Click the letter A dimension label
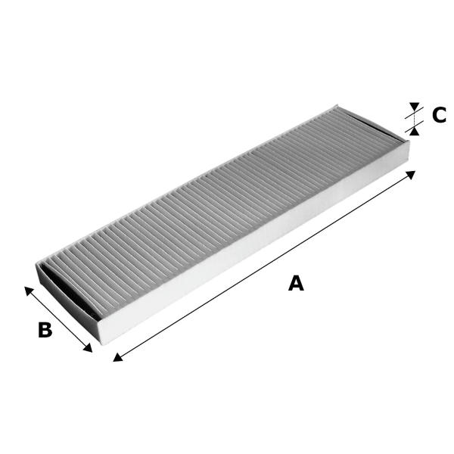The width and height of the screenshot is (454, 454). pyautogui.click(x=296, y=283)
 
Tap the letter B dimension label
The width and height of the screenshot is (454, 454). pyautogui.click(x=45, y=329)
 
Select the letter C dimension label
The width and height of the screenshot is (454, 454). pyautogui.click(x=439, y=115)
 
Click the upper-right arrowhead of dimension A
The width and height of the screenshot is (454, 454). pyautogui.click(x=411, y=174)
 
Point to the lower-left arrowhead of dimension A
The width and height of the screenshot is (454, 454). pyautogui.click(x=117, y=358)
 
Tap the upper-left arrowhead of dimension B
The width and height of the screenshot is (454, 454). pyautogui.click(x=29, y=291)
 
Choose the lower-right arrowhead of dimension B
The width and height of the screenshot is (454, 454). pyautogui.click(x=88, y=348)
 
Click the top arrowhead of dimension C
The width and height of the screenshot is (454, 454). pyautogui.click(x=415, y=106)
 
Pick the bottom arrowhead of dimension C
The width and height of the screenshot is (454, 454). pyautogui.click(x=415, y=132)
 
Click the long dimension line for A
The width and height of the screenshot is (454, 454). pyautogui.click(x=264, y=266)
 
